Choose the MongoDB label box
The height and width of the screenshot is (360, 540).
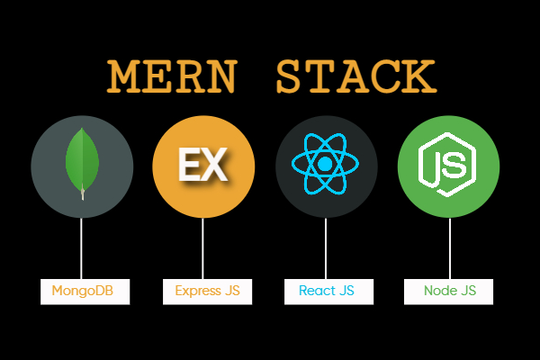tap(82, 292)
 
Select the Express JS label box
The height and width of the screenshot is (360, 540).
tap(207, 292)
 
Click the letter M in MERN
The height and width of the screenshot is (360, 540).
tap(125, 78)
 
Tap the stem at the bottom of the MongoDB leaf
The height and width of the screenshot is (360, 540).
tap(82, 193)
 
